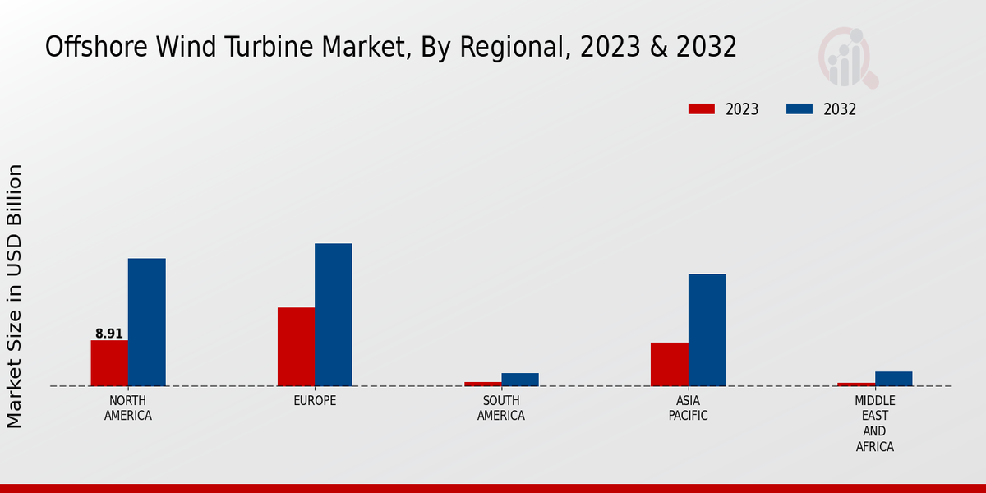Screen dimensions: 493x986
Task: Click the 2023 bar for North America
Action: click(x=109, y=363)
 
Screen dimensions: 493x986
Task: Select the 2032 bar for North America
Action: click(x=146, y=322)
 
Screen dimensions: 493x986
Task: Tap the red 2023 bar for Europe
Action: click(x=296, y=347)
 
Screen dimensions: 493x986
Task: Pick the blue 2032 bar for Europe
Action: click(x=333, y=315)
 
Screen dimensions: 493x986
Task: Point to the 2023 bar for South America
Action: click(x=482, y=384)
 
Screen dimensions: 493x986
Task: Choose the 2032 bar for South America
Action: click(x=520, y=380)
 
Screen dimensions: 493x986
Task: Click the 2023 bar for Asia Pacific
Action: click(x=669, y=364)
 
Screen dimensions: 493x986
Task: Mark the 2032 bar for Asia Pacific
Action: click(x=707, y=329)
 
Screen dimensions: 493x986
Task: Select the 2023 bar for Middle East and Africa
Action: click(x=855, y=385)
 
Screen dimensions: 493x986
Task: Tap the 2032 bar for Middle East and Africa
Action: click(x=893, y=379)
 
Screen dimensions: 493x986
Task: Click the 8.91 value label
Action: click(x=109, y=334)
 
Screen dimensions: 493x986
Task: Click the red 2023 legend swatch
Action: click(x=702, y=109)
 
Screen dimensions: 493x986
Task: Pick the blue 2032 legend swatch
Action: click(x=799, y=109)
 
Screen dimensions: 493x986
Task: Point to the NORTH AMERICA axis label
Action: click(x=128, y=408)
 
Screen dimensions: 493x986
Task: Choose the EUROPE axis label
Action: click(x=315, y=401)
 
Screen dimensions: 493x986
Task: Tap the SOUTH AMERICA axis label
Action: click(x=501, y=408)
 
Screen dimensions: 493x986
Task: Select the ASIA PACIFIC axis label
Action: click(x=688, y=408)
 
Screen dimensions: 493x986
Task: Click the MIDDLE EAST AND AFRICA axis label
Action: click(x=874, y=424)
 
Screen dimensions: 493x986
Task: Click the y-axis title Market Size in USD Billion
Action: click(x=15, y=296)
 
